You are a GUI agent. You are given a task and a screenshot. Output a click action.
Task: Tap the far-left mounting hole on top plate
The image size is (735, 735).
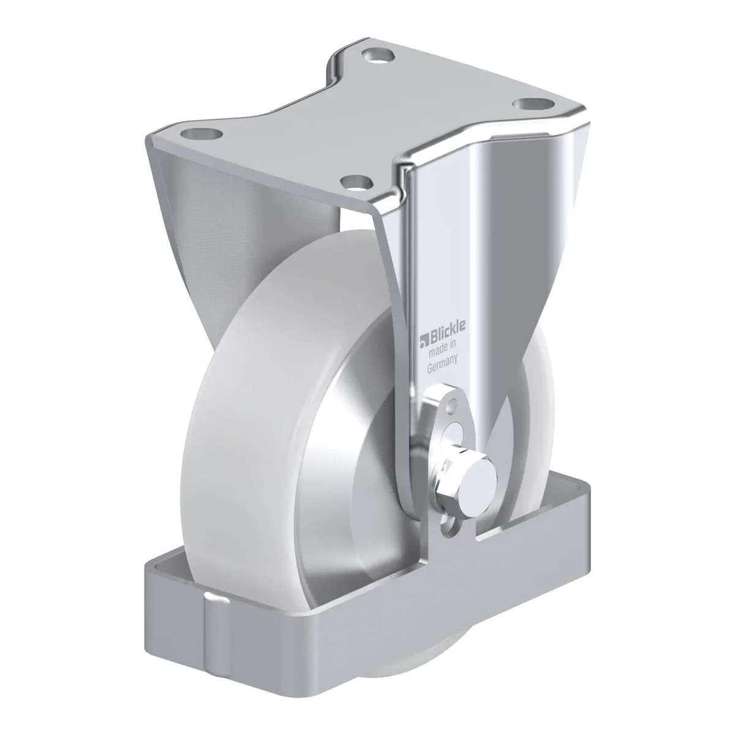[202, 135]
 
